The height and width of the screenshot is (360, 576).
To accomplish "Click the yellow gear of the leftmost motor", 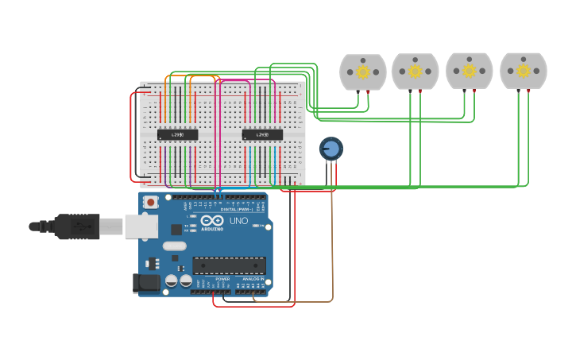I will click(363, 72).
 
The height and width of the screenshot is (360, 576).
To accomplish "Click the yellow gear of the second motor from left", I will click(416, 72).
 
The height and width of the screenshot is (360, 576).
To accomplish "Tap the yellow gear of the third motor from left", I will click(470, 71).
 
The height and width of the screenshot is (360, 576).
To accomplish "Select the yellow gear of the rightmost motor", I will click(523, 71).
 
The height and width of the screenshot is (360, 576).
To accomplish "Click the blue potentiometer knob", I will click(331, 148).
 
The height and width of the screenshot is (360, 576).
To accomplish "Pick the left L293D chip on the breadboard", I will click(177, 135).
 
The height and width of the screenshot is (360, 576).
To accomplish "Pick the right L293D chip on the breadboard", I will click(262, 135).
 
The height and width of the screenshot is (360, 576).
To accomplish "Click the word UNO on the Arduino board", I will click(238, 221).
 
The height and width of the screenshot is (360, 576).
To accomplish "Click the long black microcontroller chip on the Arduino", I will click(229, 265).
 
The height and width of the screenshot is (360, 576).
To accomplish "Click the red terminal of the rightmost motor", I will click(528, 92).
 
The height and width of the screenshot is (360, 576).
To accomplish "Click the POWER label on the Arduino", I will click(222, 279).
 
